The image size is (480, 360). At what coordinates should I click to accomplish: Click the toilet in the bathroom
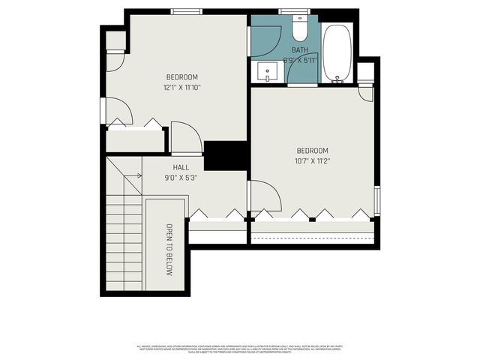tap(299, 29)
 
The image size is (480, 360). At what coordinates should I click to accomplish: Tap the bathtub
tap(337, 52)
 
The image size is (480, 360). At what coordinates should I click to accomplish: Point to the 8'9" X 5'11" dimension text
tap(299, 60)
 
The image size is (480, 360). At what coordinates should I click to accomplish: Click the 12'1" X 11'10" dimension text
tap(182, 88)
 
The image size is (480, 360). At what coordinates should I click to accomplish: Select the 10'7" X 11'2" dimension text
tap(313, 160)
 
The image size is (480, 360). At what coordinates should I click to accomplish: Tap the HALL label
tap(181, 168)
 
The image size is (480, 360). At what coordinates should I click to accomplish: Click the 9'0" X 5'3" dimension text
tap(181, 178)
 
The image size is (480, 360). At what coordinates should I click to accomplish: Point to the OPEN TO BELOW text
tap(169, 249)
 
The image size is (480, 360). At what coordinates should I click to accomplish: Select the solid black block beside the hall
tap(226, 156)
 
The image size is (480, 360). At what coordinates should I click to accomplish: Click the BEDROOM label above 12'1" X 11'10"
tap(182, 77)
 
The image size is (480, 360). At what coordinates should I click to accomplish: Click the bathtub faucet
tap(337, 78)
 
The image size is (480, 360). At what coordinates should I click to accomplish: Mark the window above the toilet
tap(294, 11)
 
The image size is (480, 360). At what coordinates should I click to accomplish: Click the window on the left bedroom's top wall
tap(186, 11)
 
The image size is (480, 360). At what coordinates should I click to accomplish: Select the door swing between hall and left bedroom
tap(186, 137)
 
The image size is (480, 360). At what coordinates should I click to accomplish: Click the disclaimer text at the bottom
tap(240, 349)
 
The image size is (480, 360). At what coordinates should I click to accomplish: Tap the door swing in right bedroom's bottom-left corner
tap(264, 196)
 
